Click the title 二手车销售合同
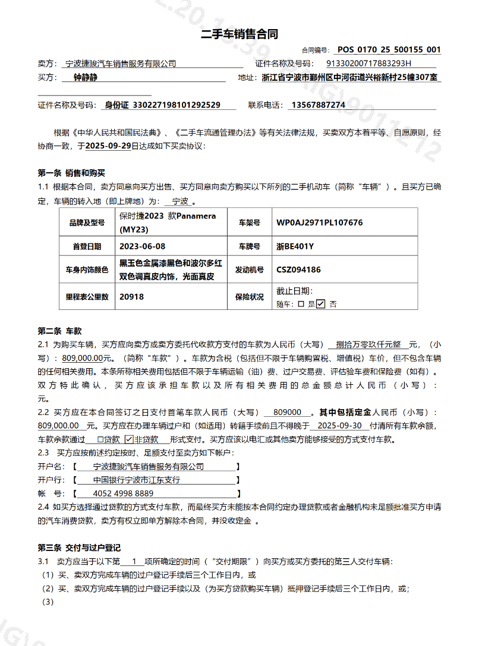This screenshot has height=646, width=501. [x=240, y=34]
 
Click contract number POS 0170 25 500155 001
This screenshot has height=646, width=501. [x=389, y=50]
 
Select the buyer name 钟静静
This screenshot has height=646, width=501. [x=85, y=77]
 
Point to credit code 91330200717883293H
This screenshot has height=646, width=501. [x=368, y=64]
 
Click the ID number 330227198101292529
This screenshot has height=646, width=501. [x=162, y=105]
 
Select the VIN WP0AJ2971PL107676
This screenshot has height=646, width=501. [x=319, y=223]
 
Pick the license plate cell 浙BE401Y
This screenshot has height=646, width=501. [x=295, y=246]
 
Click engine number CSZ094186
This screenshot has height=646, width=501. [x=298, y=270]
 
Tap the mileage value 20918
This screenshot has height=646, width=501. [x=131, y=296]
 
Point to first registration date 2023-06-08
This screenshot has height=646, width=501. [x=143, y=246]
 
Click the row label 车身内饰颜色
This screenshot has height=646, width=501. [x=87, y=270]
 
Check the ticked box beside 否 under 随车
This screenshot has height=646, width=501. [x=321, y=303]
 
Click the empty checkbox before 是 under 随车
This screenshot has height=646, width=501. [x=301, y=303]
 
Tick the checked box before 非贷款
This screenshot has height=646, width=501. [x=129, y=439]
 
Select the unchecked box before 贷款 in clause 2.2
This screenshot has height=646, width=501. [x=100, y=439]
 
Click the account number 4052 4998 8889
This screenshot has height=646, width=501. [x=123, y=493]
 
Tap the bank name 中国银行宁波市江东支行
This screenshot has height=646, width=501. [x=137, y=480]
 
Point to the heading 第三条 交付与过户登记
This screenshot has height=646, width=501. [x=79, y=547]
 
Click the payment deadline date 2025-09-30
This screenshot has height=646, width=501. [x=340, y=426]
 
